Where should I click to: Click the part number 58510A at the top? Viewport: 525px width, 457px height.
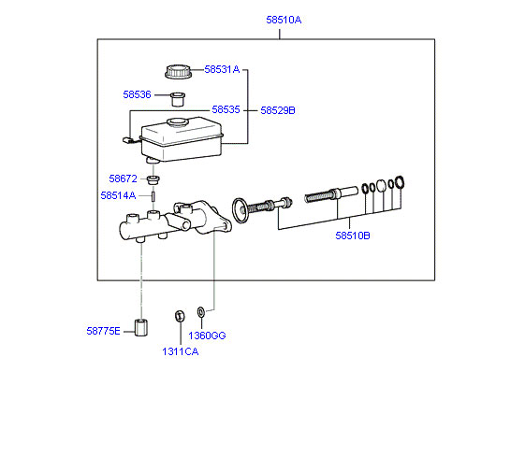pyautogui.click(x=284, y=20)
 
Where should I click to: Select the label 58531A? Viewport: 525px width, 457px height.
pyautogui.click(x=222, y=69)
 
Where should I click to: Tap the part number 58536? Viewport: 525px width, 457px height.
pyautogui.click(x=137, y=94)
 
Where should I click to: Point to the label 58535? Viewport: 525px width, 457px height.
pyautogui.click(x=226, y=109)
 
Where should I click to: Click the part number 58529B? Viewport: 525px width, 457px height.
pyautogui.click(x=278, y=110)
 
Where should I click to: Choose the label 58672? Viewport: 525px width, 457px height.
pyautogui.click(x=123, y=179)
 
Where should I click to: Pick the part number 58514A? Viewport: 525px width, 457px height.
pyautogui.click(x=118, y=195)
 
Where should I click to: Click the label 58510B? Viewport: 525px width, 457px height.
pyautogui.click(x=353, y=236)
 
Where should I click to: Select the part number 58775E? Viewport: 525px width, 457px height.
pyautogui.click(x=103, y=331)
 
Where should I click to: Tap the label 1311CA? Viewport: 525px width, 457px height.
pyautogui.click(x=180, y=351)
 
